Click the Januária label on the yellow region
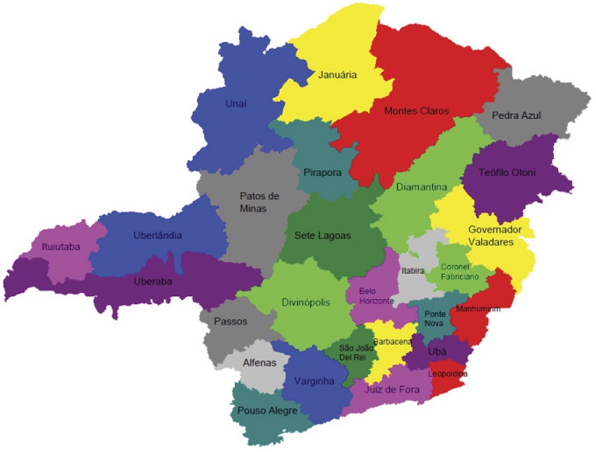point(337,74)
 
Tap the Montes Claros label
point(416,111)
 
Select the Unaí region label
point(236,104)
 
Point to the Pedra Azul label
point(516,115)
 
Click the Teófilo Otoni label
point(507,172)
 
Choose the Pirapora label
point(322,172)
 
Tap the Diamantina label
point(421,187)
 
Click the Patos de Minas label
point(259,202)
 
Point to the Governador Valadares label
point(492,235)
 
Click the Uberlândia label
point(158,235)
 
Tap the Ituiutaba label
point(60,247)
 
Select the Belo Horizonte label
point(377,296)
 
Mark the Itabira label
point(413,270)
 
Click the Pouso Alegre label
point(267,411)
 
